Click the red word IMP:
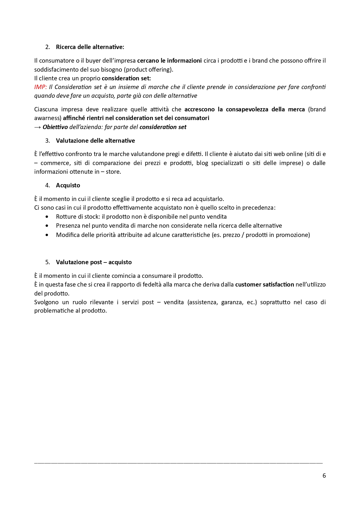pyautogui.click(x=40, y=87)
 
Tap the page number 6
pyautogui.click(x=324, y=476)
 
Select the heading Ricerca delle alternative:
pyautogui.click(x=90, y=47)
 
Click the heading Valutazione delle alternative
pyautogui.click(x=95, y=141)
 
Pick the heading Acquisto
pyautogui.click(x=68, y=185)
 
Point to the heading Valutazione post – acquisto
pyautogui.click(x=94, y=262)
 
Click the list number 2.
pyautogui.click(x=48, y=47)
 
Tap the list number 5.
pyautogui.click(x=48, y=262)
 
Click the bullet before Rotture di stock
pyautogui.click(x=47, y=217)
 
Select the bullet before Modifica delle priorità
pyautogui.click(x=47, y=235)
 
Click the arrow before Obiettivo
pyautogui.click(x=37, y=127)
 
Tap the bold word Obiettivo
pyautogui.click(x=55, y=127)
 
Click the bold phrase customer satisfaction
pyautogui.click(x=265, y=285)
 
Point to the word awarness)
pyautogui.click(x=48, y=118)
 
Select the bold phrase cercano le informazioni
pyautogui.click(x=169, y=61)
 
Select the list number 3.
pyautogui.click(x=48, y=141)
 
